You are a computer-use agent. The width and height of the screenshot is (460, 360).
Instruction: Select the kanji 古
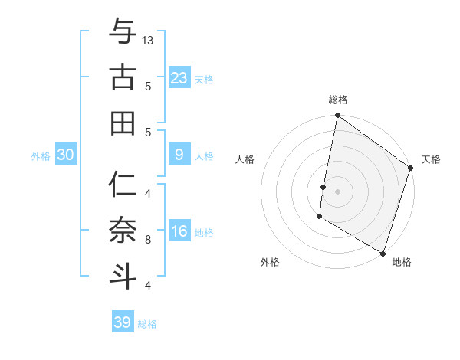122,77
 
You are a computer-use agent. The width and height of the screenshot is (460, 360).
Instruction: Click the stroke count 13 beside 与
149,41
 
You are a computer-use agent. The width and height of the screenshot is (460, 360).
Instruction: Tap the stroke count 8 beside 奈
148,240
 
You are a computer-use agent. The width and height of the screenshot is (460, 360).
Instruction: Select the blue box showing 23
179,77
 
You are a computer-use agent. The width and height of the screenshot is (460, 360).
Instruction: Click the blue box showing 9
179,155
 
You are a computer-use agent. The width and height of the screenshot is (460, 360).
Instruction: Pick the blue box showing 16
179,232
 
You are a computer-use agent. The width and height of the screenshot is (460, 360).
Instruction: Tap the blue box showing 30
65,155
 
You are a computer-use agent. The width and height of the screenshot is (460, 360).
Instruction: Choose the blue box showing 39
123,322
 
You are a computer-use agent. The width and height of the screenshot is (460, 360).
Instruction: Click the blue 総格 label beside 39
148,324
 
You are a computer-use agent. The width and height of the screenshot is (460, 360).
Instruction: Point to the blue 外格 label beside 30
41,156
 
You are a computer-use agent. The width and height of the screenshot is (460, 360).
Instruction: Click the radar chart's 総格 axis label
338,100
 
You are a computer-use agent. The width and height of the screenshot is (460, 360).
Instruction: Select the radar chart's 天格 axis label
431,159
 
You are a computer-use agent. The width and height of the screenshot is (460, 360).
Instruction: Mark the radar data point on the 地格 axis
383,253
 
